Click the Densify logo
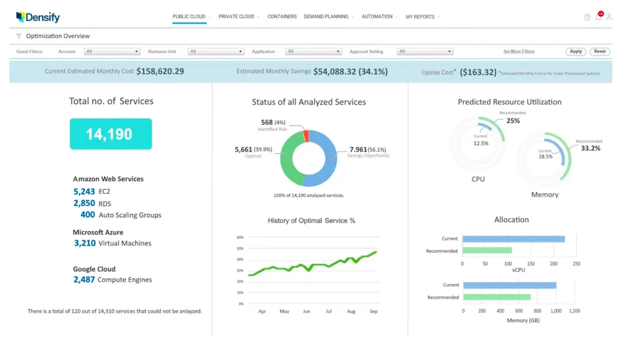pos(38,17)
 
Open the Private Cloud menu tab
pos(237,17)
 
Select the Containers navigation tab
pos(282,17)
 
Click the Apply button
pos(576,52)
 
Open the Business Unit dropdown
pos(215,52)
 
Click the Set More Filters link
pos(519,52)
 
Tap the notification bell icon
pos(599,17)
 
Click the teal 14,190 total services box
pos(110,134)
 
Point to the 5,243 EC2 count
pos(84,192)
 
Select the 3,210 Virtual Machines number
pos(85,243)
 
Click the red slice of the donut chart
pos(306,135)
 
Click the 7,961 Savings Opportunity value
pos(358,149)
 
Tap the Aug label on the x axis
pos(351,311)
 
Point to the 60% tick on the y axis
pos(240,238)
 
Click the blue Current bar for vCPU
pos(513,239)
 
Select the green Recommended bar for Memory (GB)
pos(496,297)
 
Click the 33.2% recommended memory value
pos(590,148)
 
